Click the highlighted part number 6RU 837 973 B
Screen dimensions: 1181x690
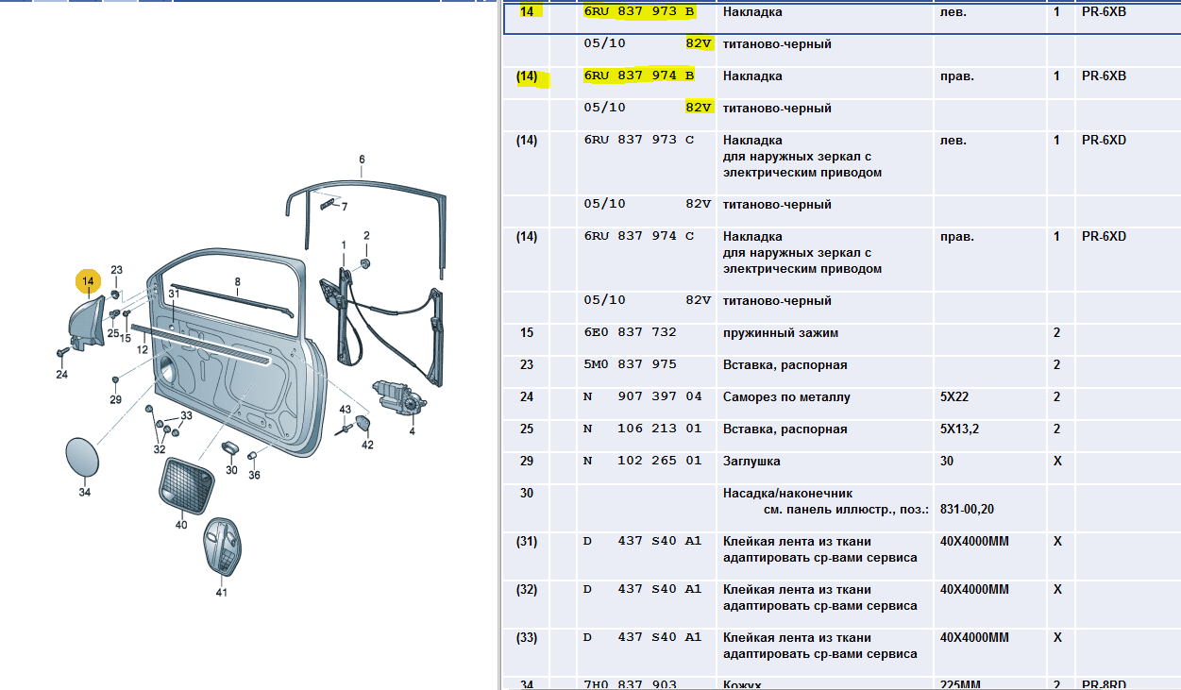click(x=639, y=11)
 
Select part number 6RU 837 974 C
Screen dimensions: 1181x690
click(x=639, y=236)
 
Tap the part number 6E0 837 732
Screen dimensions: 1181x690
click(x=630, y=332)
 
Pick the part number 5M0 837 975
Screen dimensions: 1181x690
click(x=630, y=364)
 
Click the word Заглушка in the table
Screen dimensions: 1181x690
click(x=751, y=462)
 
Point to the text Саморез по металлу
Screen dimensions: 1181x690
click(x=786, y=397)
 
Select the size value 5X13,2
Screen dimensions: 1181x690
click(x=959, y=429)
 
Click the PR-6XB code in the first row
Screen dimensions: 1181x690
click(x=1104, y=11)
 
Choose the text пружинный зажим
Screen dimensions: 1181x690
click(x=781, y=333)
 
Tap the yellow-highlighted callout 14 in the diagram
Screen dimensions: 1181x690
click(x=88, y=281)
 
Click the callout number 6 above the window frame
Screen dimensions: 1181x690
click(x=362, y=160)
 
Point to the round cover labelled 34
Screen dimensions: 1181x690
click(x=82, y=457)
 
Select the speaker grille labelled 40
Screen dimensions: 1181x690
click(x=187, y=485)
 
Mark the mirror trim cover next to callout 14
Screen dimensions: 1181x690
click(x=87, y=323)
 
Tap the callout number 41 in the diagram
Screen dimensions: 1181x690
click(x=222, y=593)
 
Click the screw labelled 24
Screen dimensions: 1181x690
click(x=62, y=351)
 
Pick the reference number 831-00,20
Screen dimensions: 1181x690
click(x=967, y=509)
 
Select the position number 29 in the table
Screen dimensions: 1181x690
click(x=527, y=462)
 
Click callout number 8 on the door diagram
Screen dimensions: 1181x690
click(x=238, y=282)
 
